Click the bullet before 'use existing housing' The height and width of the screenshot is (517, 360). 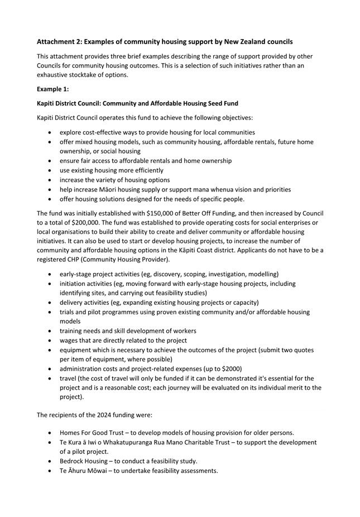pos(51,170)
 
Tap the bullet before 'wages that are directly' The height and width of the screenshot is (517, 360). pos(51,340)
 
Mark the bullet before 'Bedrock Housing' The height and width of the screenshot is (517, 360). pos(51,461)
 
